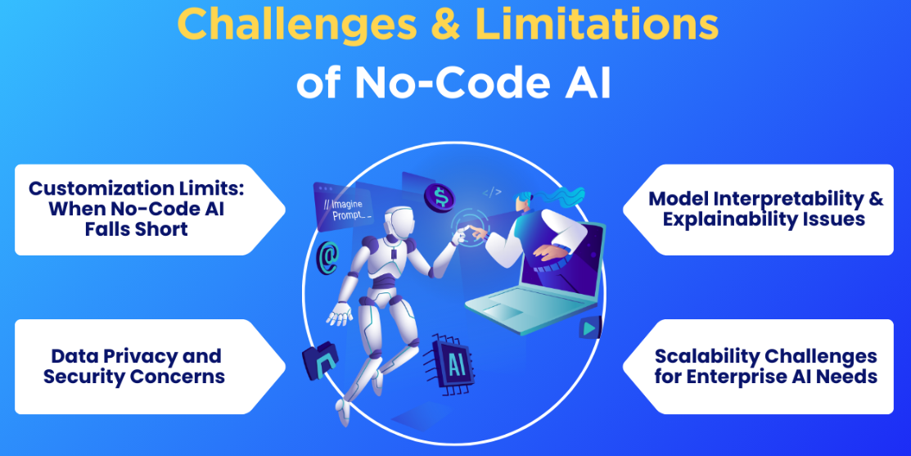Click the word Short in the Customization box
pos(161,228)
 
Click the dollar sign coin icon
pos(440,196)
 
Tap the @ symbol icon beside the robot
pos(327,256)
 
